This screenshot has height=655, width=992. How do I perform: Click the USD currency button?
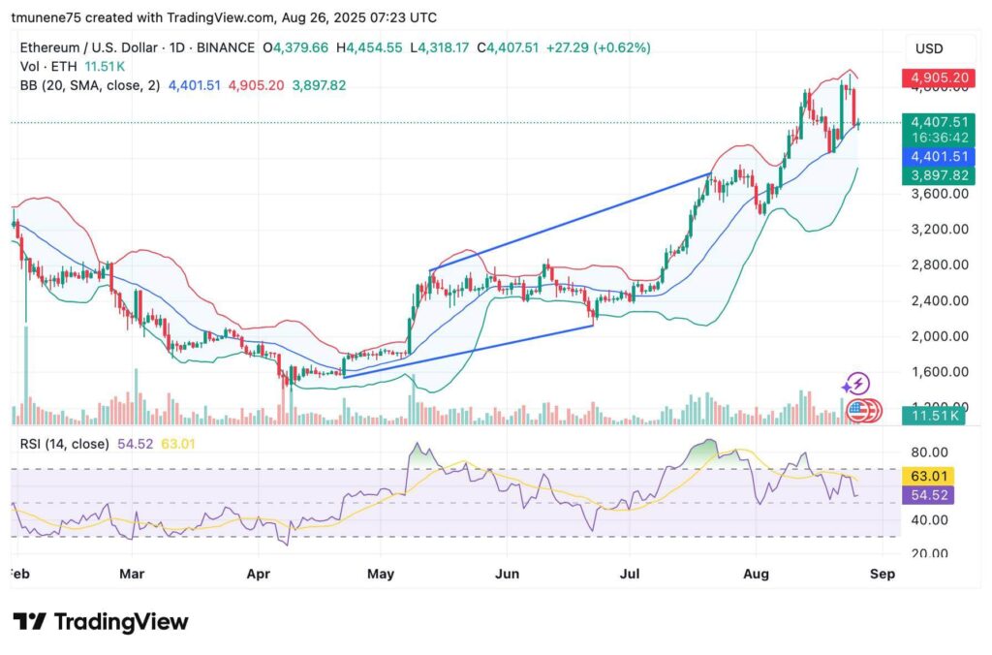(929, 48)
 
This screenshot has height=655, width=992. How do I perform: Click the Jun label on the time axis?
(507, 574)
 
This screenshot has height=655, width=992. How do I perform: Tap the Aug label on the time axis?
(757, 574)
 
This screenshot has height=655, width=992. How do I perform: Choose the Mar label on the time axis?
(132, 574)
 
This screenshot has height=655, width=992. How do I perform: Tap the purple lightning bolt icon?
(856, 384)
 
